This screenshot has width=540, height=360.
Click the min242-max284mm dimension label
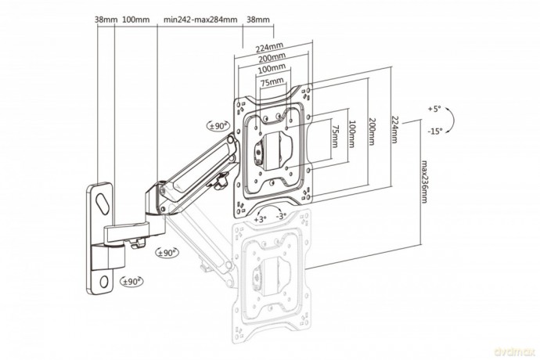click(x=200, y=20)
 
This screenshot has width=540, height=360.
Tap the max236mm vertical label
click(x=424, y=182)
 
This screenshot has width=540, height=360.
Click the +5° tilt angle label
click(x=434, y=109)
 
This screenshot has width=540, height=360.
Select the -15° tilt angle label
click(x=435, y=131)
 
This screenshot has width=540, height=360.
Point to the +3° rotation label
click(x=261, y=219)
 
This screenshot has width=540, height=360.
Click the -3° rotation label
click(x=282, y=216)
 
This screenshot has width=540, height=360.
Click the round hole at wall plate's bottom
click(x=103, y=282)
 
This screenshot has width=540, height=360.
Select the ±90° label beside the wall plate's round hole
click(x=131, y=282)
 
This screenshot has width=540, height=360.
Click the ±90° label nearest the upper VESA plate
click(x=218, y=126)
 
